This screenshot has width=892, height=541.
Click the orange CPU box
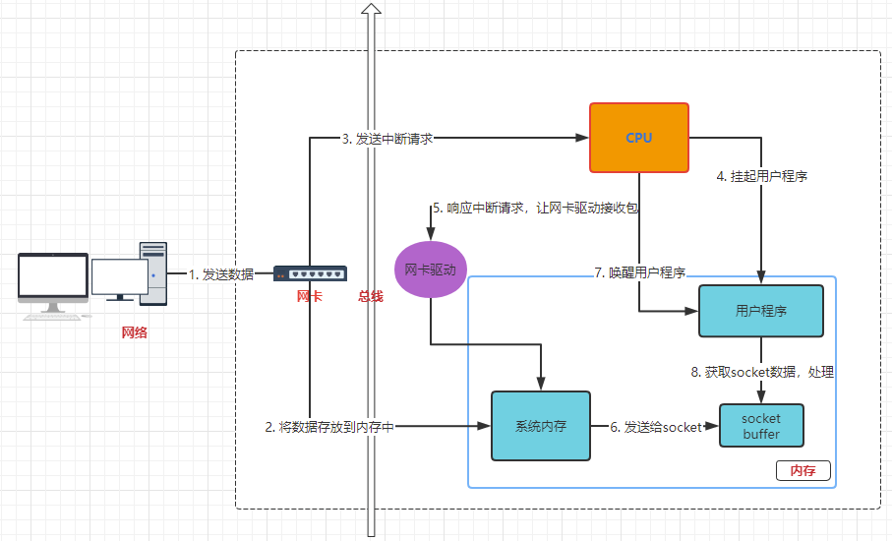(x=638, y=138)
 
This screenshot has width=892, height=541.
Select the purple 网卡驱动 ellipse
(x=431, y=269)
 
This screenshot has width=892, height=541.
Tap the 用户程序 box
(x=760, y=312)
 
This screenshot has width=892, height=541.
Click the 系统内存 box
(x=540, y=426)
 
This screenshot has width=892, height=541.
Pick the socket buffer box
(x=761, y=425)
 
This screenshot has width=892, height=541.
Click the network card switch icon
(x=310, y=273)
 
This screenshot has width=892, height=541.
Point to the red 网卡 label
(x=310, y=296)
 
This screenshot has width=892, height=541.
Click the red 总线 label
(x=371, y=296)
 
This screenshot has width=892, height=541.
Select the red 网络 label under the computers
(x=134, y=332)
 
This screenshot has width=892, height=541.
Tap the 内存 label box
(x=803, y=470)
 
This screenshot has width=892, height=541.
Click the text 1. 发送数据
(x=221, y=274)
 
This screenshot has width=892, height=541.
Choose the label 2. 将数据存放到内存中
(x=328, y=427)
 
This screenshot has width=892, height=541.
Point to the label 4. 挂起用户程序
(x=762, y=177)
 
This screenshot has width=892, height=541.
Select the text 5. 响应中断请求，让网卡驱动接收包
(x=537, y=209)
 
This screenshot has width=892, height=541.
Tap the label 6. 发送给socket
(x=656, y=427)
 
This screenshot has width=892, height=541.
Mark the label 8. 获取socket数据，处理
(x=762, y=373)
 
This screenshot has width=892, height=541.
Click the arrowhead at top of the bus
(x=371, y=9)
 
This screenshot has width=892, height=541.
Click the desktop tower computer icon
(x=152, y=273)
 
